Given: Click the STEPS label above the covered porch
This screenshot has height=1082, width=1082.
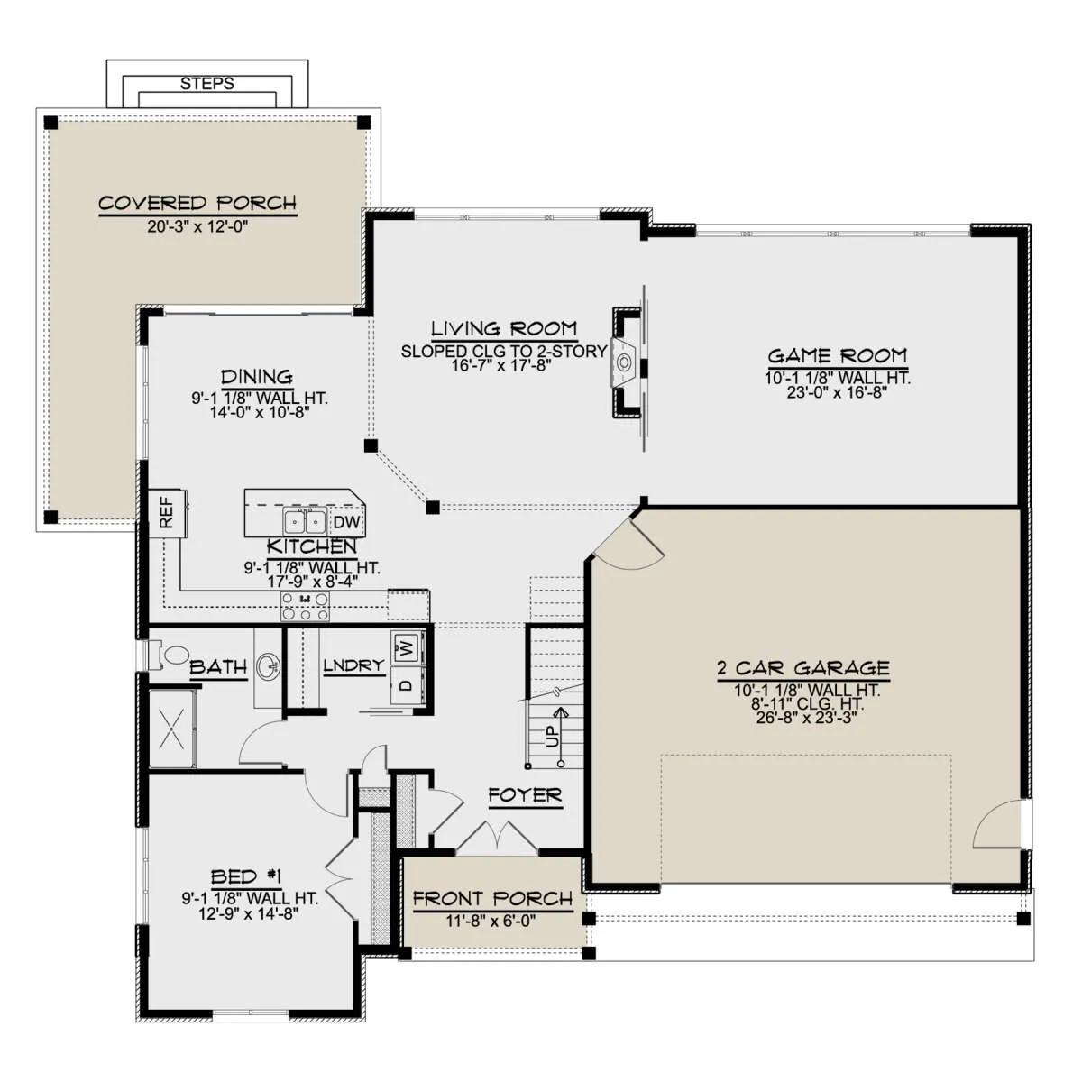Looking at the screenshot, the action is (x=206, y=84).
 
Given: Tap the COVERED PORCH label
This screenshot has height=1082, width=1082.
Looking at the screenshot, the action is (x=197, y=203).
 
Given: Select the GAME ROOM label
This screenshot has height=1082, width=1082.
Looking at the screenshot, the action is (x=837, y=356).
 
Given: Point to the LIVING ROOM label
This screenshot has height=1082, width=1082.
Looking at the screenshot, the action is (x=504, y=328).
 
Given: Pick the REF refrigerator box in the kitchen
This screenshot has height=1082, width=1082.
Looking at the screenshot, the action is (x=167, y=513).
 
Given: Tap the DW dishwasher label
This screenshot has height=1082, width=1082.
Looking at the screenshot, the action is (x=346, y=522).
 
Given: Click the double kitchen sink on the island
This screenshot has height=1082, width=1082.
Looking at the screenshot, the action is (x=305, y=522).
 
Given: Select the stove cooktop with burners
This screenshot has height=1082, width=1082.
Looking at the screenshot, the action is (x=305, y=607).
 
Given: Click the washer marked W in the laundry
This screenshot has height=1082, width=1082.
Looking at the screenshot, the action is (x=407, y=648).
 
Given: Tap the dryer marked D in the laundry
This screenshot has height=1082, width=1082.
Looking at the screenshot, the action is (x=407, y=684).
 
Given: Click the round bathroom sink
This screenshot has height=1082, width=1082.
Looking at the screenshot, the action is (x=269, y=667).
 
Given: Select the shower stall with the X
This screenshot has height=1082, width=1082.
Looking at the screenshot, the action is (x=172, y=729).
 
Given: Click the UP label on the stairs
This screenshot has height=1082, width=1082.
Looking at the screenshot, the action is (x=553, y=736).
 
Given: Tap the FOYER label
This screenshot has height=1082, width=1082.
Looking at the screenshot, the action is (x=525, y=795).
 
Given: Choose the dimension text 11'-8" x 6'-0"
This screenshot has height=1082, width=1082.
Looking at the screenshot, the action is (x=491, y=921).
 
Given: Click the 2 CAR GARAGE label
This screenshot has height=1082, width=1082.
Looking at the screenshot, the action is (x=803, y=668).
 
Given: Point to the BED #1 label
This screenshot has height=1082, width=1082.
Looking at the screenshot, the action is (x=246, y=876).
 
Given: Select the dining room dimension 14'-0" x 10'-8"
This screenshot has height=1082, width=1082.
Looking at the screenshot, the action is (x=260, y=413).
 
